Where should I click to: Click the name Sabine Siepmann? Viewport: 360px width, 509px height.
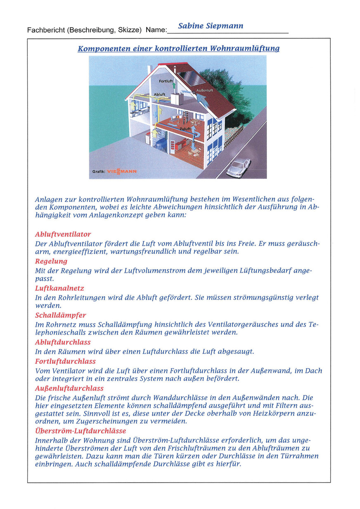(x=211, y=26)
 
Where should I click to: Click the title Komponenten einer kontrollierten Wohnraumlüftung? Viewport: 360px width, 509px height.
(x=178, y=48)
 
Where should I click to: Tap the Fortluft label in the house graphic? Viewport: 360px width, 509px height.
(x=166, y=81)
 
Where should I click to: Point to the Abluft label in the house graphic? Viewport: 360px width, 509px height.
(x=159, y=95)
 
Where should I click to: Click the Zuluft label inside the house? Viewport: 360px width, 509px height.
(x=185, y=129)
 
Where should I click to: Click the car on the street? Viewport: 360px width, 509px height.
(x=239, y=167)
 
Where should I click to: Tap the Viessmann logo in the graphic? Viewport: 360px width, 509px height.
(x=122, y=170)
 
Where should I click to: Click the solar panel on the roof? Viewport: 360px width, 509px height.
(x=192, y=77)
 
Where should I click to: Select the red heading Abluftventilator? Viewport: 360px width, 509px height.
(x=63, y=234)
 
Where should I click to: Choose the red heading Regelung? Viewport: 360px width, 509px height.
(x=51, y=261)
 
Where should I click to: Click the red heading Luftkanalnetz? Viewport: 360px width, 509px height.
(x=59, y=288)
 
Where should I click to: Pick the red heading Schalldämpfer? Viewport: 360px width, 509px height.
(x=60, y=315)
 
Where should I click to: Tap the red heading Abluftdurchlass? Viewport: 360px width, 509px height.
(x=63, y=342)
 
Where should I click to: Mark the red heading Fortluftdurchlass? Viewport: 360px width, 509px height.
(x=65, y=361)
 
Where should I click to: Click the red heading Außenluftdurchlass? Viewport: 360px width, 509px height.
(x=69, y=388)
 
